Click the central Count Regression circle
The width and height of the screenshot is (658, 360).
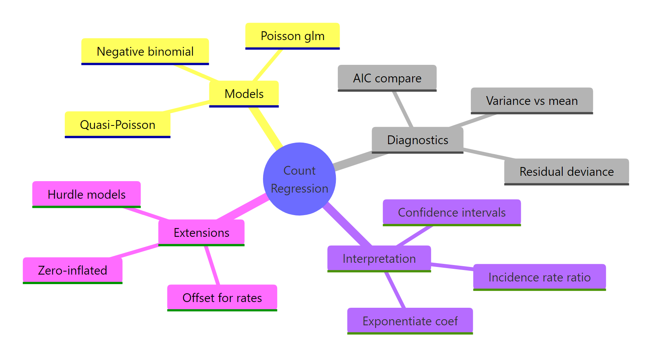(x=299, y=179)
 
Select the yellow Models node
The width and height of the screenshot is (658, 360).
(x=244, y=93)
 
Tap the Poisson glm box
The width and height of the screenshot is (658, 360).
(x=292, y=36)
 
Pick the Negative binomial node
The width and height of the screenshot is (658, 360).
(x=145, y=51)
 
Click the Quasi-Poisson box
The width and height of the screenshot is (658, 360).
(x=117, y=124)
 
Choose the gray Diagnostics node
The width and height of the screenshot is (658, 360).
(x=417, y=140)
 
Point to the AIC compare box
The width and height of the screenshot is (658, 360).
(x=387, y=78)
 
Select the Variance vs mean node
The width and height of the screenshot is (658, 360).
(x=532, y=101)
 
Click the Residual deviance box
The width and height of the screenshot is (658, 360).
(x=567, y=172)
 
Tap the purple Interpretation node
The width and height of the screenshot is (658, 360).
(x=379, y=259)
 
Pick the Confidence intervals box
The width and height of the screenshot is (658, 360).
(x=452, y=212)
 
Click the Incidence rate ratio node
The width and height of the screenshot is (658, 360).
(x=539, y=277)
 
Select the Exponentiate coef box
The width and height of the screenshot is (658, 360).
(x=410, y=321)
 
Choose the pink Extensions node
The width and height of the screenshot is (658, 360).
(x=201, y=233)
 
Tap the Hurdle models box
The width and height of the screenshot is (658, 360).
(x=87, y=194)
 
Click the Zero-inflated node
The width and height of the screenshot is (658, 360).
(x=72, y=270)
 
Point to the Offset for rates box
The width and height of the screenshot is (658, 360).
(x=222, y=297)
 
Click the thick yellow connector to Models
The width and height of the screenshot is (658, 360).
(x=266, y=128)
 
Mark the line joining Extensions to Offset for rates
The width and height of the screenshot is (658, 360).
(x=212, y=265)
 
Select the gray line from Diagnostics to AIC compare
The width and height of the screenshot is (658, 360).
(x=403, y=109)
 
